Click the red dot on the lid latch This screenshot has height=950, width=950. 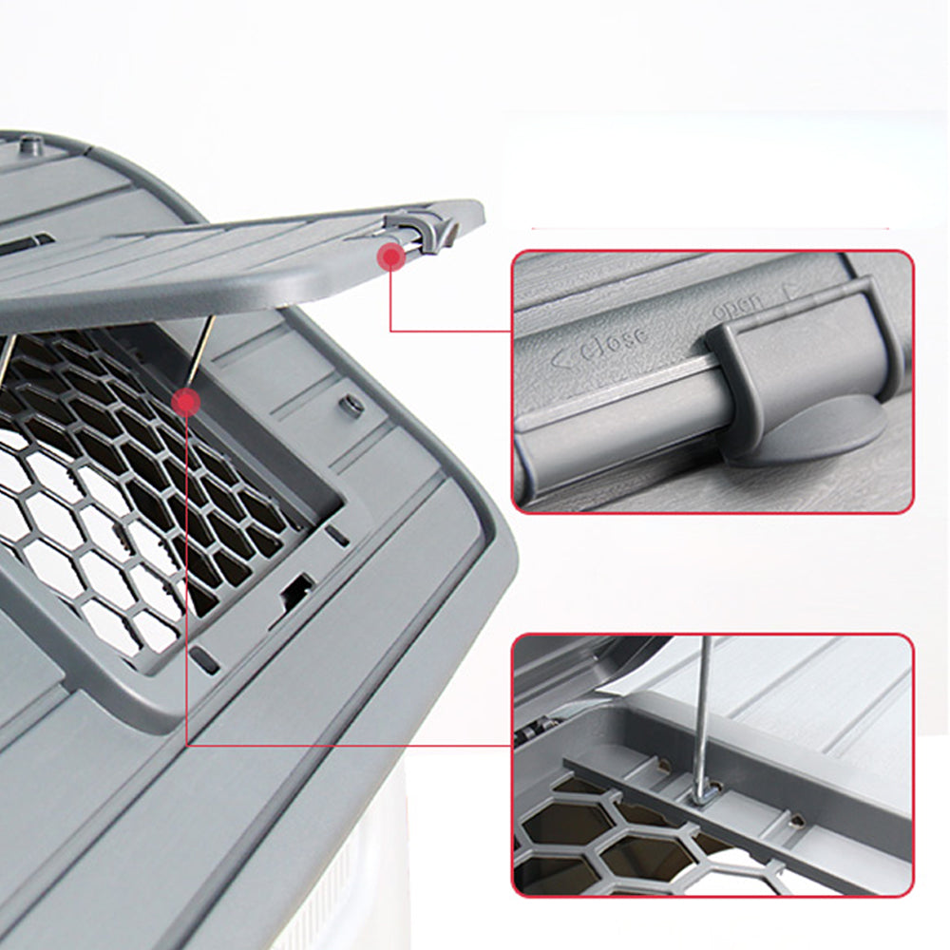point(391,256)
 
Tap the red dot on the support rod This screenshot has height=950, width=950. point(185,401)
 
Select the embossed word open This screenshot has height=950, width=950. point(737,307)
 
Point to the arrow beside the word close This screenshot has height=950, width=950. point(562,358)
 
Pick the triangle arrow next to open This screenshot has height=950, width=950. point(790,293)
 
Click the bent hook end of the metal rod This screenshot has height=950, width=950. point(706,793)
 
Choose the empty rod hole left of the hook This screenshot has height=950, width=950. point(664,765)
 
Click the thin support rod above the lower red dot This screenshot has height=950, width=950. point(199,351)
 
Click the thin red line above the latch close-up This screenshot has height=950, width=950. point(710,228)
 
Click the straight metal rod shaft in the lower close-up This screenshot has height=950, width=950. point(703,712)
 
